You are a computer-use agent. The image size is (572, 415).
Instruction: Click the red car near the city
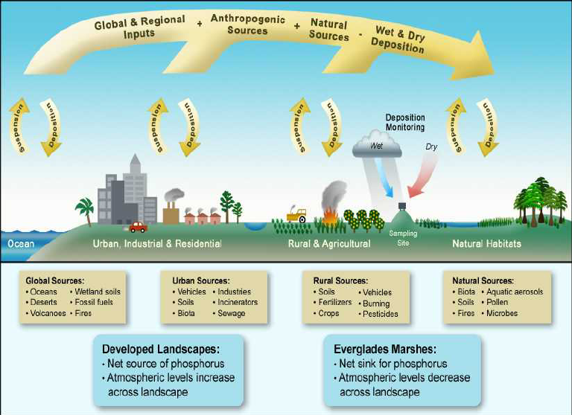pyautogui.click(x=138, y=227)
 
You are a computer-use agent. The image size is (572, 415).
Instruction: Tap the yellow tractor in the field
pyautogui.click(x=296, y=216)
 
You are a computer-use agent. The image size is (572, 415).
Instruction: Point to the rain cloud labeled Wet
pyautogui.click(x=377, y=145)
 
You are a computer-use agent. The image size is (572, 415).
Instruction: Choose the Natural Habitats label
pyautogui.click(x=487, y=243)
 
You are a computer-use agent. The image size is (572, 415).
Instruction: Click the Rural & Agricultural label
pyautogui.click(x=329, y=243)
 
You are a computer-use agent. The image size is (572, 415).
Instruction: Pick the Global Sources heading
pyautogui.click(x=54, y=281)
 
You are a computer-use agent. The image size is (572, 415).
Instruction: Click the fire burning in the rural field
pyautogui.click(x=328, y=216)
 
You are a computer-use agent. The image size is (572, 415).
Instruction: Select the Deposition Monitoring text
pyautogui.click(x=405, y=123)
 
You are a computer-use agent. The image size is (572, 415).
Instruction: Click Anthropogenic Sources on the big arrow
pyautogui.click(x=247, y=25)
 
